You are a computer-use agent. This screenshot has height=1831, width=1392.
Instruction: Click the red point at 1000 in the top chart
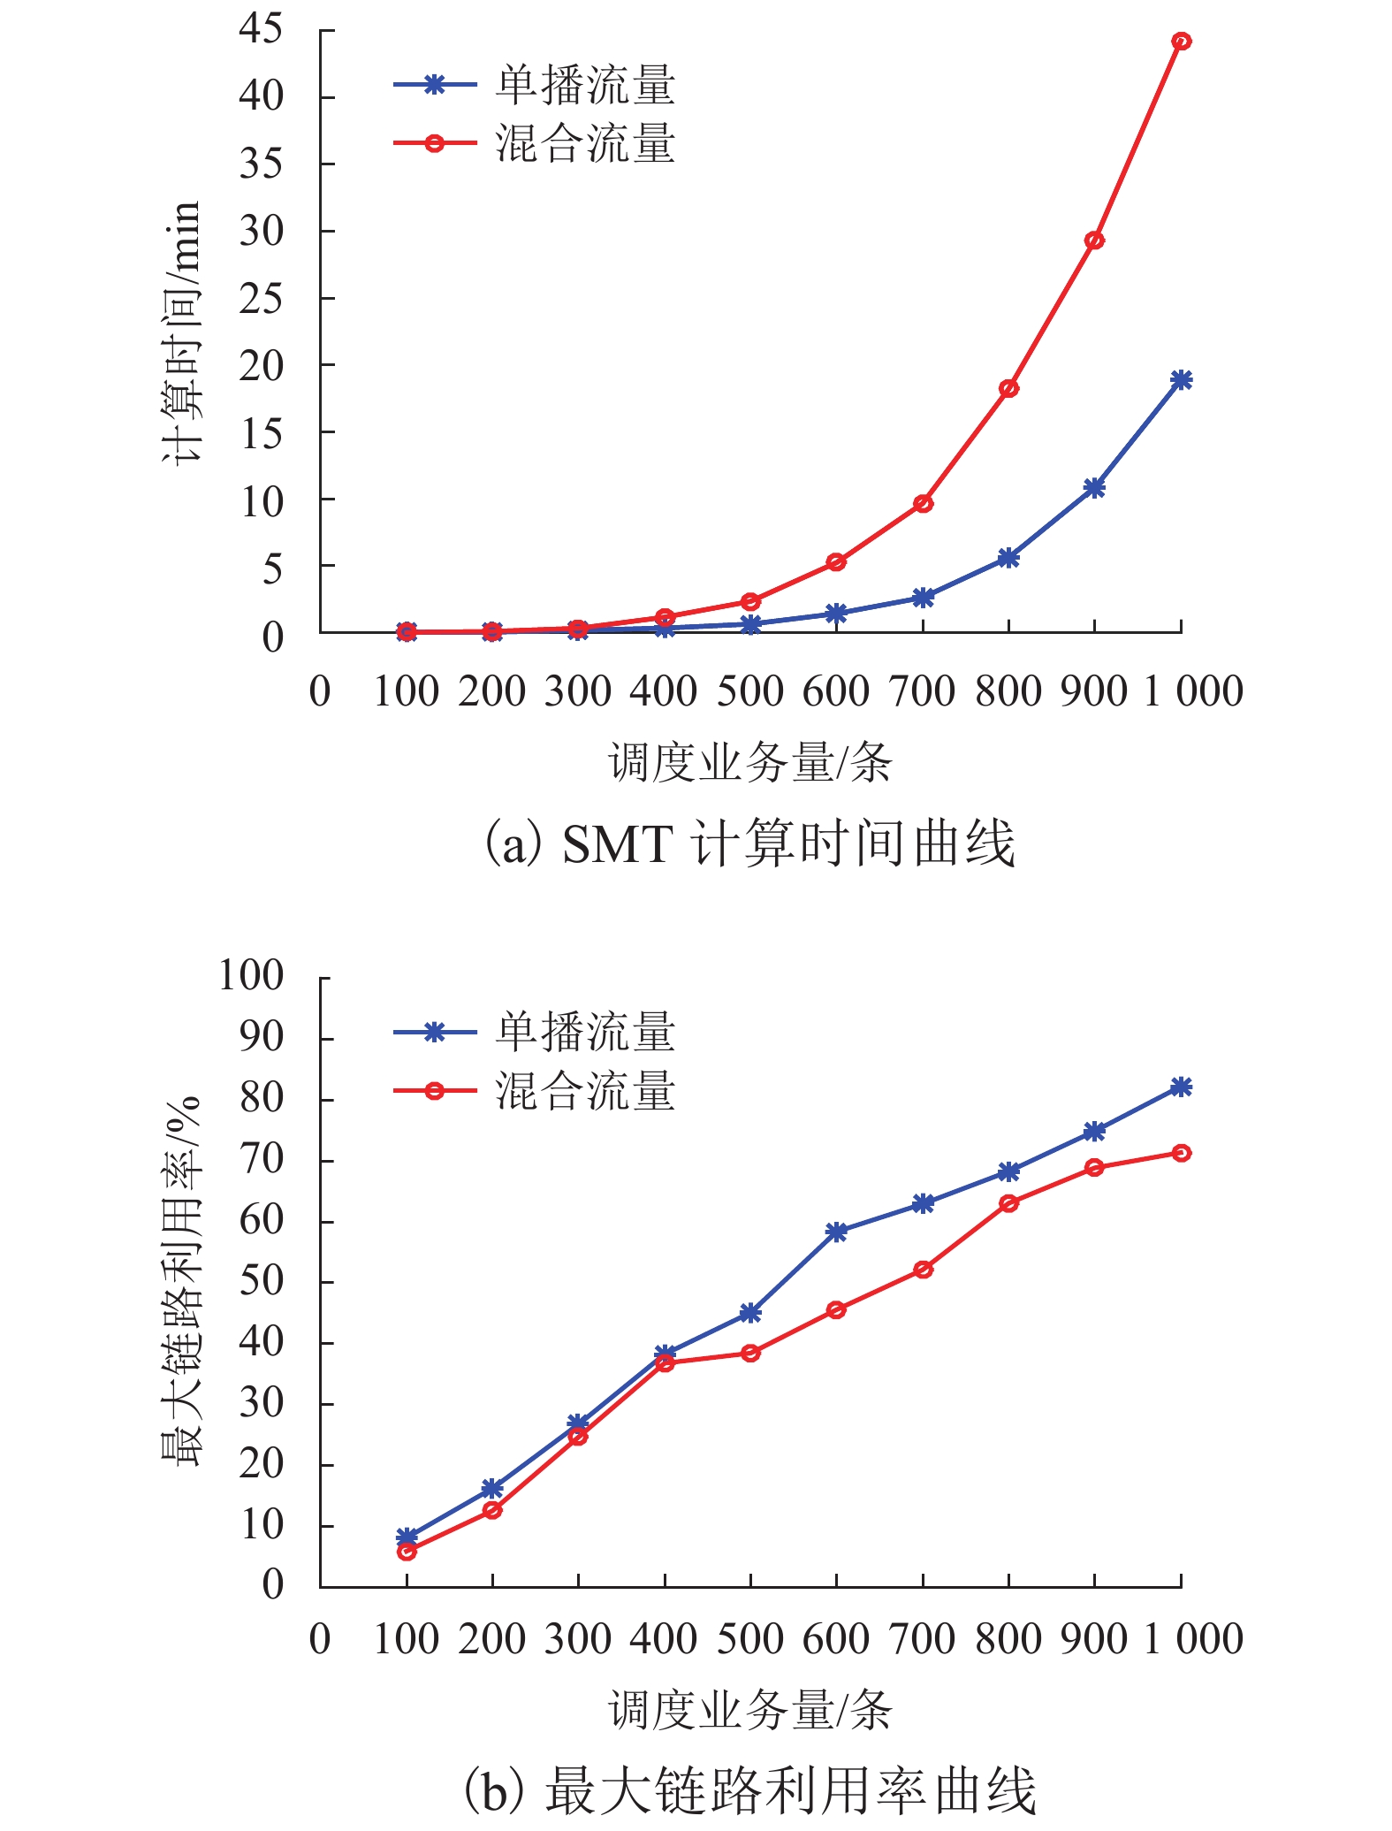pyautogui.click(x=1181, y=41)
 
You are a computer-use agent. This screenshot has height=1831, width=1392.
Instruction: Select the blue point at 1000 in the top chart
pyautogui.click(x=1181, y=380)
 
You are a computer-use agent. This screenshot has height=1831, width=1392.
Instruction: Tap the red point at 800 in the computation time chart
pyautogui.click(x=1008, y=388)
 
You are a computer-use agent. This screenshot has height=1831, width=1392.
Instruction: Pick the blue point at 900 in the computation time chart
pyautogui.click(x=1094, y=488)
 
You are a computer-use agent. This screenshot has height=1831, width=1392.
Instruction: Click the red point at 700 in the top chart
pyautogui.click(x=923, y=503)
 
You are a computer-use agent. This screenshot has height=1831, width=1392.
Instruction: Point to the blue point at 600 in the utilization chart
pyautogui.click(x=836, y=1232)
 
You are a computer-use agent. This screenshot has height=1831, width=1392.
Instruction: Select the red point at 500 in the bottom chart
pyautogui.click(x=750, y=1353)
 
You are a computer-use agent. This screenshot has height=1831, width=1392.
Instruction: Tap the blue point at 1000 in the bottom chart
pyautogui.click(x=1181, y=1087)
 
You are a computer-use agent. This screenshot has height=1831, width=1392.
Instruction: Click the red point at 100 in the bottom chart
pyautogui.click(x=407, y=1551)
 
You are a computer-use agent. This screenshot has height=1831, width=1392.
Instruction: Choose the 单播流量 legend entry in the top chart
pyautogui.click(x=585, y=86)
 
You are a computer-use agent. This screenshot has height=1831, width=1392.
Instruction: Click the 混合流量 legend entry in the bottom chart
pyautogui.click(x=585, y=1090)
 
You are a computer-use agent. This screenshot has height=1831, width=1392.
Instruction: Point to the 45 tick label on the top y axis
pyautogui.click(x=261, y=29)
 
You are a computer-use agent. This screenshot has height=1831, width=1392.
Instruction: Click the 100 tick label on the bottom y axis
pyautogui.click(x=251, y=976)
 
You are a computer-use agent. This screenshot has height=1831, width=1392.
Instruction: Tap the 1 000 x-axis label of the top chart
pyautogui.click(x=1192, y=690)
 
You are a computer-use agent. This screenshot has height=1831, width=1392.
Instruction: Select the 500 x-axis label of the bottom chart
pyautogui.click(x=750, y=1638)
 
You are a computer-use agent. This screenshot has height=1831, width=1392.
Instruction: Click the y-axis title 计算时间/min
pyautogui.click(x=182, y=332)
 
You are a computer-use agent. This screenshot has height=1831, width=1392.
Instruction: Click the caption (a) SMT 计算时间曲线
pyautogui.click(x=749, y=843)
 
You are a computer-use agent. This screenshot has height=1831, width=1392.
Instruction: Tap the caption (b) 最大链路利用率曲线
pyautogui.click(x=749, y=1789)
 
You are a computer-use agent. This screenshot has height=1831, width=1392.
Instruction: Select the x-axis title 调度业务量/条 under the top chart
pyautogui.click(x=749, y=762)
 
